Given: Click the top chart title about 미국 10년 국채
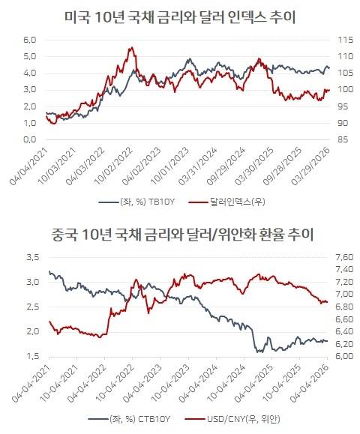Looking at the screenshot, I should click(x=179, y=17).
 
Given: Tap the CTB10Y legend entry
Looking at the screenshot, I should click(x=130, y=418).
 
